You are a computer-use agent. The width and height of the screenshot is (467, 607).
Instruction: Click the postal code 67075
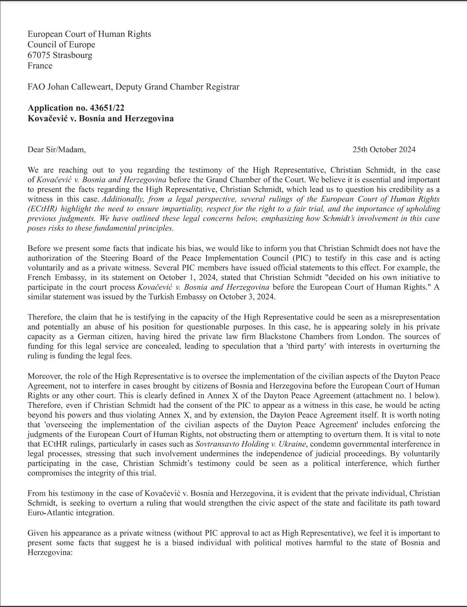(x=39, y=55)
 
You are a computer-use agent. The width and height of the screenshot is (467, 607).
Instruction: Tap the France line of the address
(x=40, y=66)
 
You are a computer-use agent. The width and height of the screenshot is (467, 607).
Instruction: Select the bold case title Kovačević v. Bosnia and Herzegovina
(x=100, y=119)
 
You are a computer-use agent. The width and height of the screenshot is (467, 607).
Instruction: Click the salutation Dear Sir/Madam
(x=56, y=150)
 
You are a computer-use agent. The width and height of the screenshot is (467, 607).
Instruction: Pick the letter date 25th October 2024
(x=384, y=150)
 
